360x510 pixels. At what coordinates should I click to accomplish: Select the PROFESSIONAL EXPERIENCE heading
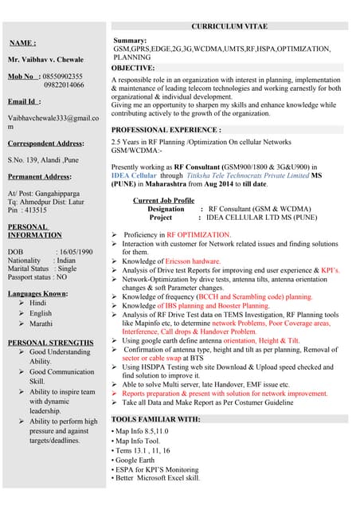coord(166,129)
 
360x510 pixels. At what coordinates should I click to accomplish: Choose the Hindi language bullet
coord(38,304)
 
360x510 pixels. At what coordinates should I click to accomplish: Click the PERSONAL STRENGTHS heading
coord(50,343)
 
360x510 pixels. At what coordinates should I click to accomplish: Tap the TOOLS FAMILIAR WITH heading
coord(155,418)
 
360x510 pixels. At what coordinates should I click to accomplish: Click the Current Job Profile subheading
coord(163,200)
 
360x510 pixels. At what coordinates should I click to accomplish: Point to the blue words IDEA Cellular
coord(135,175)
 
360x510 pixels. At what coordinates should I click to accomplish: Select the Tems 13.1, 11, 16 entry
coord(143,449)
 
